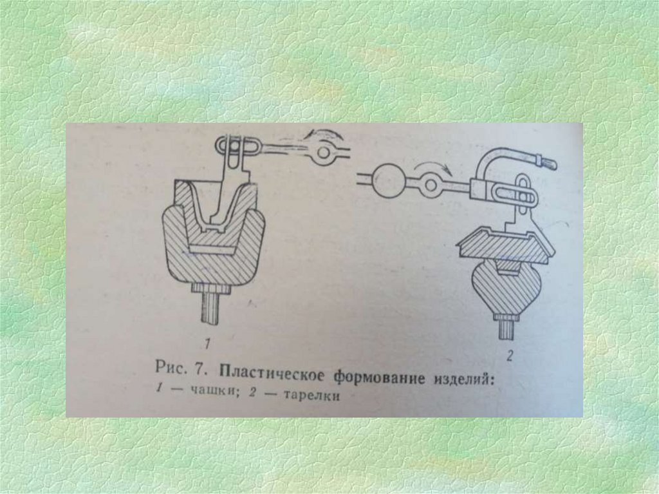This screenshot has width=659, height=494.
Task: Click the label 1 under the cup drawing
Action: (x=207, y=345)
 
